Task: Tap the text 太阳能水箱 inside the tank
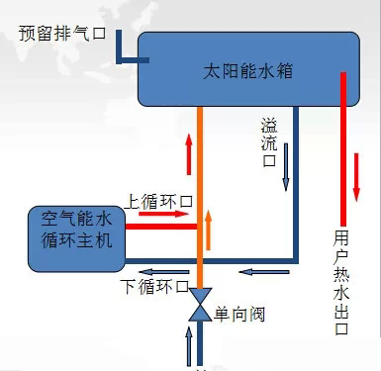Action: [x=243, y=72]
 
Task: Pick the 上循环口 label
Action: [x=158, y=201]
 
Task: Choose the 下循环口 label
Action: [x=152, y=287]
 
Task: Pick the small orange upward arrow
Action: [x=209, y=230]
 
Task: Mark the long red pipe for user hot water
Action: [x=342, y=148]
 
